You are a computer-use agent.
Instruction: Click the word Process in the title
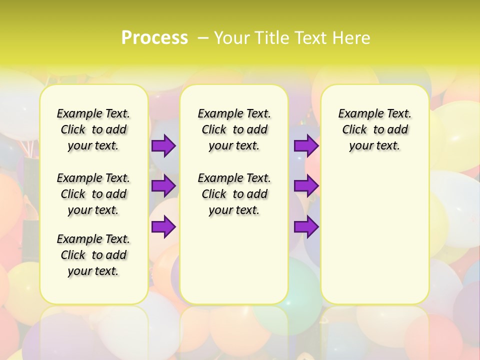pyautogui.click(x=154, y=37)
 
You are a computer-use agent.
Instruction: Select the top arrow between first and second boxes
pyautogui.click(x=163, y=145)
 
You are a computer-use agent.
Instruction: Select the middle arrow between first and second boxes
pyautogui.click(x=163, y=186)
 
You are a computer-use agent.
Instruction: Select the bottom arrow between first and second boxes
pyautogui.click(x=163, y=226)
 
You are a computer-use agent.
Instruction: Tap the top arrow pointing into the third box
pyautogui.click(x=306, y=145)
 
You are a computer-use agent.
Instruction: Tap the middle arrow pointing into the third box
pyautogui.click(x=306, y=186)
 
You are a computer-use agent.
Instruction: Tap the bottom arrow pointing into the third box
pyautogui.click(x=306, y=226)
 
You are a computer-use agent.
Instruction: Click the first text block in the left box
pyautogui.click(x=93, y=129)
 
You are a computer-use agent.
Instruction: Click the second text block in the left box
pyautogui.click(x=93, y=193)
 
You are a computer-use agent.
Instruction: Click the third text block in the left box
pyautogui.click(x=93, y=254)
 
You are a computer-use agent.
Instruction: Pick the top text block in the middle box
pyautogui.click(x=234, y=129)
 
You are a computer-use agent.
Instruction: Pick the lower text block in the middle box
pyautogui.click(x=234, y=193)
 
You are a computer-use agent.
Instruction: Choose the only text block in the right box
pyautogui.click(x=374, y=129)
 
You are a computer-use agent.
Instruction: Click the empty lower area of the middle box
pyautogui.click(x=234, y=260)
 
